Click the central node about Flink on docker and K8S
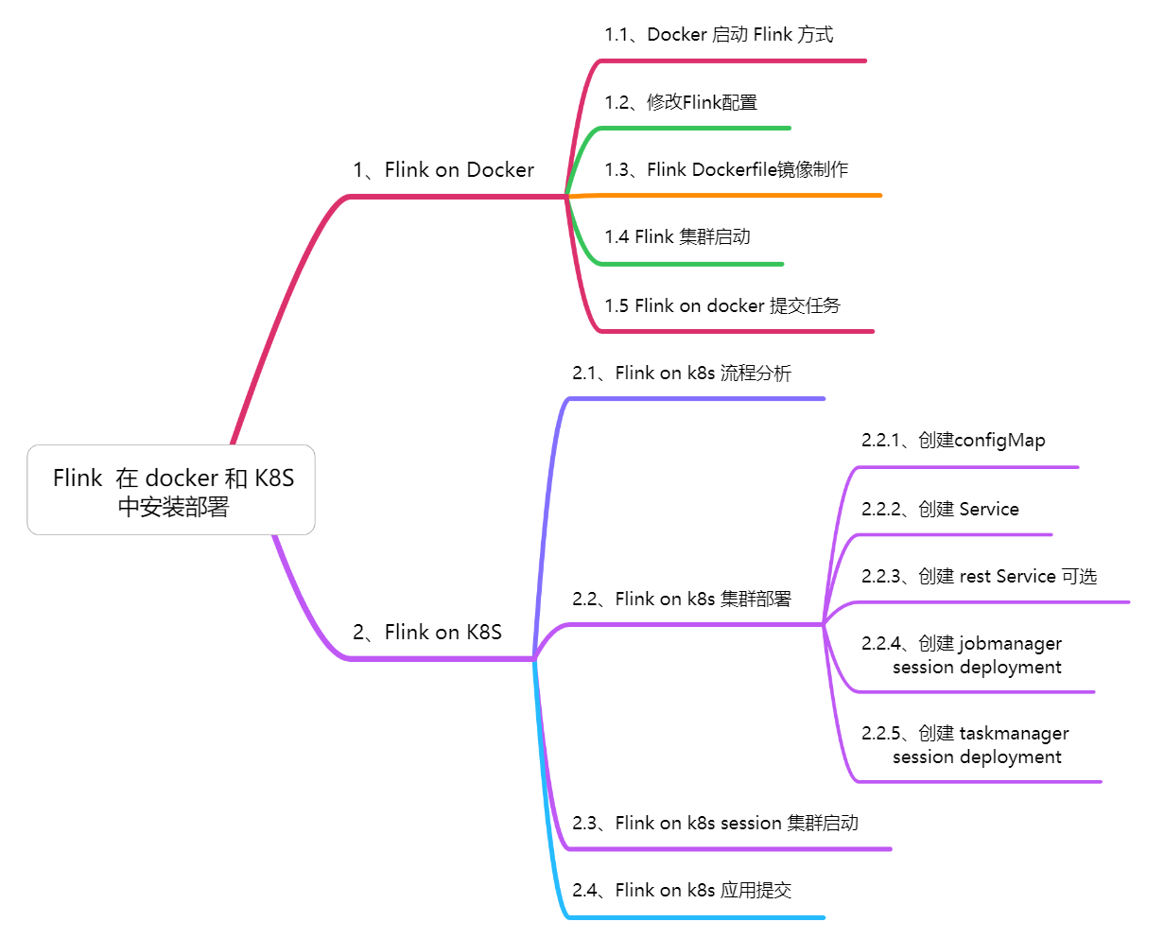171,491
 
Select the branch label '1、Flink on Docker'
443,170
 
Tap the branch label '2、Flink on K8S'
427,633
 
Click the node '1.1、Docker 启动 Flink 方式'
719,35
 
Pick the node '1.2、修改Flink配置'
681,102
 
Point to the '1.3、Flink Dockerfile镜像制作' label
726,170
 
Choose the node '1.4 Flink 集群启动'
677,237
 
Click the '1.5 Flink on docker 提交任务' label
722,305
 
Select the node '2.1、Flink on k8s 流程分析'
681,374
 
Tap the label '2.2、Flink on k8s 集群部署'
681,600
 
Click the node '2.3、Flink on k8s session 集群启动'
715,824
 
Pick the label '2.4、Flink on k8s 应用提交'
681,891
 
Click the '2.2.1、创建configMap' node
953,441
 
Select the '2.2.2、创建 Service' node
940,510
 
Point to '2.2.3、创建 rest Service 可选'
979,577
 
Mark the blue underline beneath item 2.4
700,917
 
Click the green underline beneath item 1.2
700,128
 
